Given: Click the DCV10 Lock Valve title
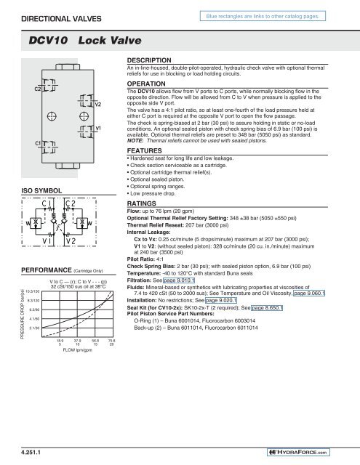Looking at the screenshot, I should click(73, 44).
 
